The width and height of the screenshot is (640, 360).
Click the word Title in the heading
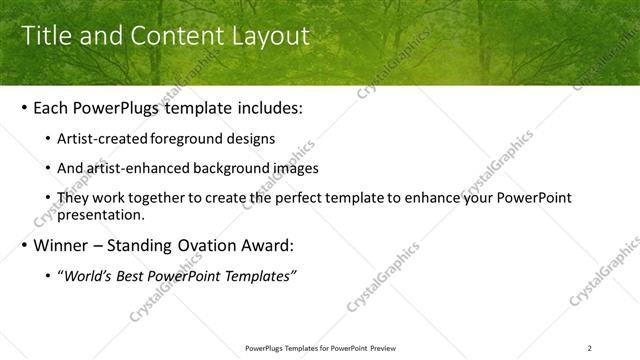46,36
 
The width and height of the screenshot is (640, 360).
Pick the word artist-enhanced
137,169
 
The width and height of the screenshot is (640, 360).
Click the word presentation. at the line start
103,215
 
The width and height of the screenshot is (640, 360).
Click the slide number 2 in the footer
590,348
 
